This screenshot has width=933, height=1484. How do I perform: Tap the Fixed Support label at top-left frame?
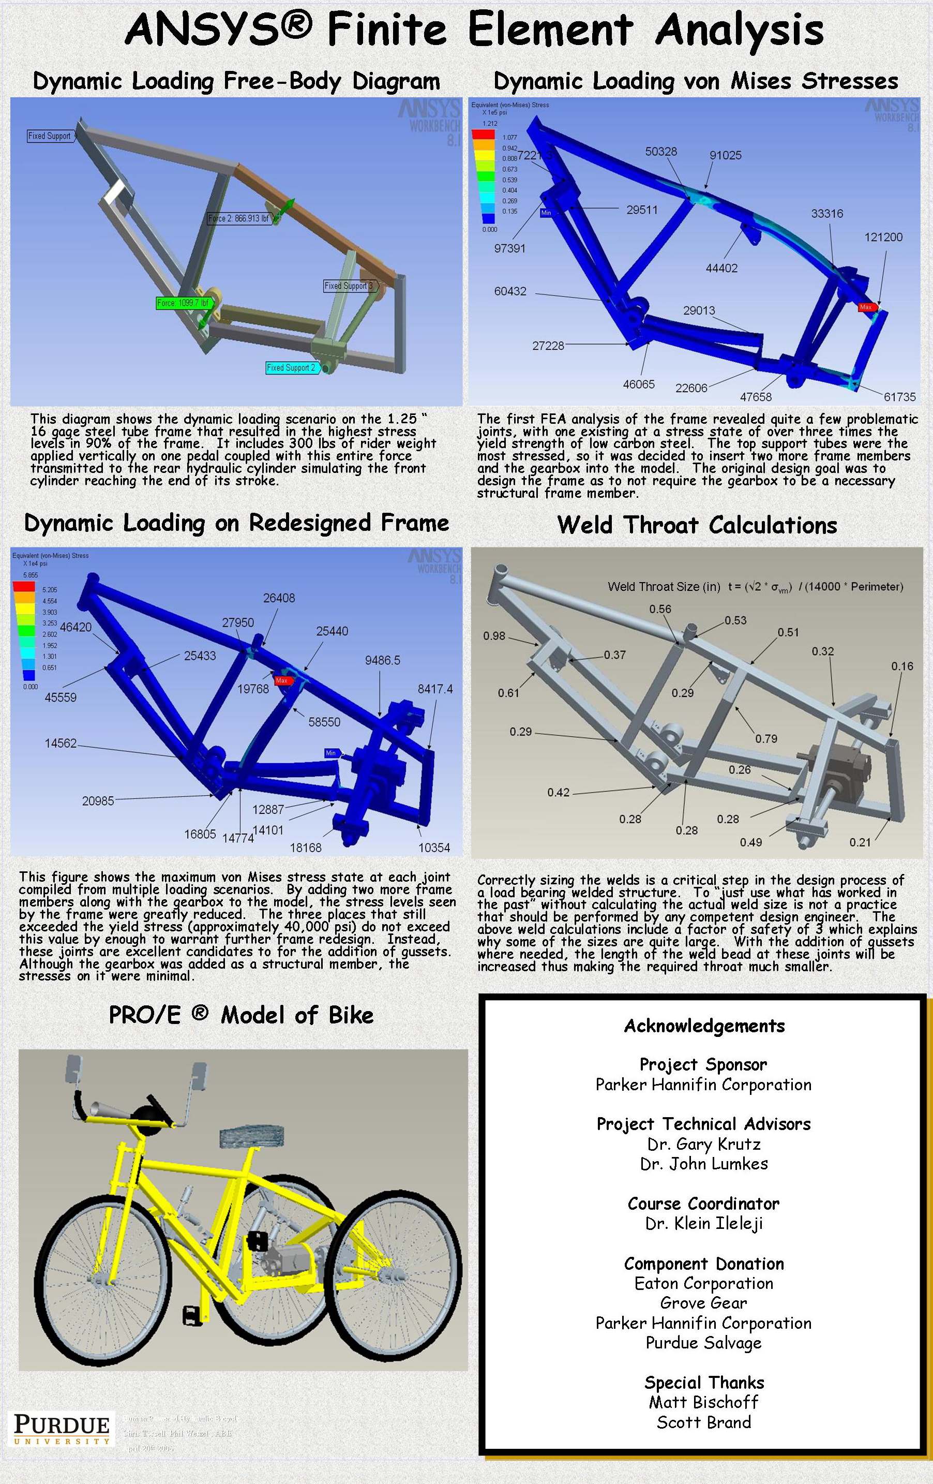pyautogui.click(x=50, y=136)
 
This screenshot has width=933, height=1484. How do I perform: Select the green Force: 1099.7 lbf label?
pyautogui.click(x=184, y=303)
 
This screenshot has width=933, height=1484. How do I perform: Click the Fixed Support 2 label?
pyautogui.click(x=291, y=368)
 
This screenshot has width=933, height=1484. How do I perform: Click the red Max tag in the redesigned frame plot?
pyautogui.click(x=282, y=681)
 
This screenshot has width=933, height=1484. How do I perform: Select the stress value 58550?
pyautogui.click(x=324, y=722)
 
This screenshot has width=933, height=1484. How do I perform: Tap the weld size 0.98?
pyautogui.click(x=494, y=635)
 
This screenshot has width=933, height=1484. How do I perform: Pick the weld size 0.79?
pyautogui.click(x=766, y=738)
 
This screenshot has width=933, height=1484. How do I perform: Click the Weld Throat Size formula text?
pyautogui.click(x=755, y=587)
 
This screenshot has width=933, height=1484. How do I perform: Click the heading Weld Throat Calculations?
pyautogui.click(x=697, y=525)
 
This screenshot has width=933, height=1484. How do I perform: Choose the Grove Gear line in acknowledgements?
pyautogui.click(x=703, y=1303)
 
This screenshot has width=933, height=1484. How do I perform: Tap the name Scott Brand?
pyautogui.click(x=703, y=1422)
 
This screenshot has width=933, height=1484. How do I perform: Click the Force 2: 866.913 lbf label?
pyautogui.click(x=239, y=218)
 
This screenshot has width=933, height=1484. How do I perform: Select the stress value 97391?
pyautogui.click(x=509, y=248)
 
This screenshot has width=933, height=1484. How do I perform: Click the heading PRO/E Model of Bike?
pyautogui.click(x=241, y=1014)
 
